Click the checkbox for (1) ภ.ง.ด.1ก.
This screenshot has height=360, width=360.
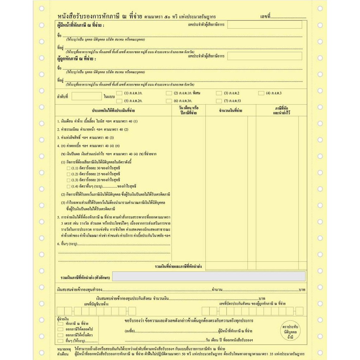tap(119, 93)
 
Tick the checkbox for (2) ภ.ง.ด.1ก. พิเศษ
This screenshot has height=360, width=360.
tap(169, 93)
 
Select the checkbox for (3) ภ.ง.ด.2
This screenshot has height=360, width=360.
tap(219, 93)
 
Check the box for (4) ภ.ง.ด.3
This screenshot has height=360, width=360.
tap(261, 93)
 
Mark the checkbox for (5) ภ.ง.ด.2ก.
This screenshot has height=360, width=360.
tap(119, 101)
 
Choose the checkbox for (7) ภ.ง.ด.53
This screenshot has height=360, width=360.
tap(219, 101)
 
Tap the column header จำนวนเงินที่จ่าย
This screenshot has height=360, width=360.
tap(231, 111)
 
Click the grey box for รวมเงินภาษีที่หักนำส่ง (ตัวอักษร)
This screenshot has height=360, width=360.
tap(209, 276)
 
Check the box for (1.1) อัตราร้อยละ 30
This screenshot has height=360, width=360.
tap(69, 168)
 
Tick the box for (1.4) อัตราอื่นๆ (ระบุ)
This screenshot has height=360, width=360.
tap(69, 186)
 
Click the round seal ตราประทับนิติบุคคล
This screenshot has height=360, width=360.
tap(290, 332)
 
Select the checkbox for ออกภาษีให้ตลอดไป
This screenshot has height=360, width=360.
tap(60, 329)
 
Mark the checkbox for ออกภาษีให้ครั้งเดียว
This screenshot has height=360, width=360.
tap(60, 335)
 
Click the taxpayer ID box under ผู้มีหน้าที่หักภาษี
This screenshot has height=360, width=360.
tap(264, 25)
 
